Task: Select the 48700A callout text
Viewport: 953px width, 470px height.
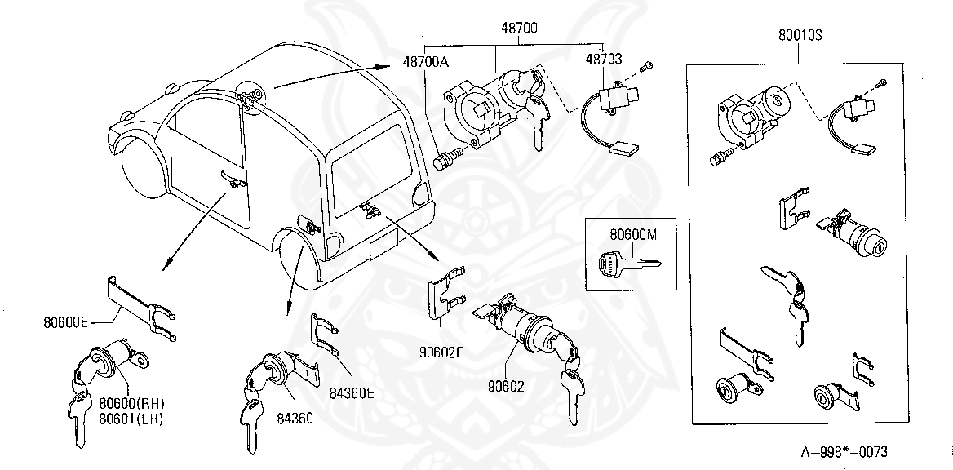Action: pyautogui.click(x=424, y=60)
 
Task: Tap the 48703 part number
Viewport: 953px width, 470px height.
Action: pyautogui.click(x=603, y=59)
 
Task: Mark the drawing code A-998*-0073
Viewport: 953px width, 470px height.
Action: pyautogui.click(x=843, y=452)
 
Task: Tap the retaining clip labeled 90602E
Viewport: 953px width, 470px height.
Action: pyautogui.click(x=445, y=297)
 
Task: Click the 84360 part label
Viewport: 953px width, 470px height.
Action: pyautogui.click(x=295, y=419)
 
